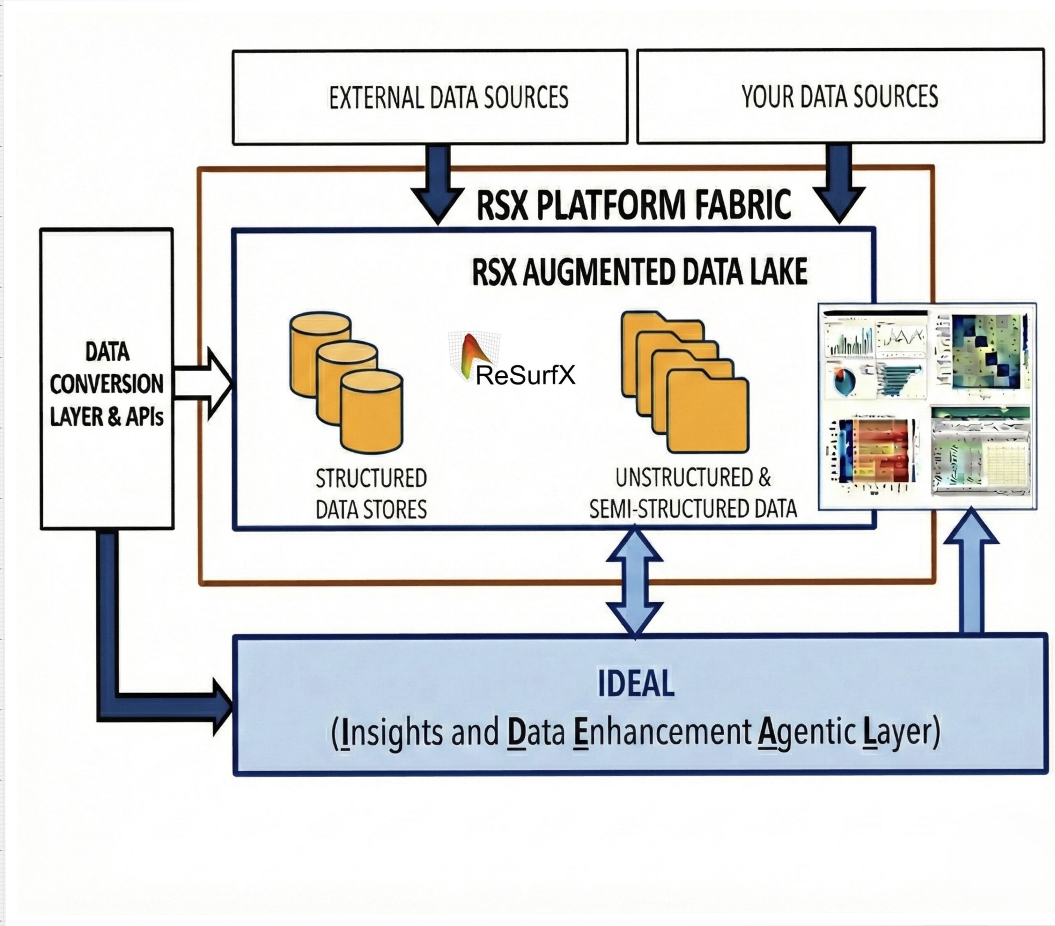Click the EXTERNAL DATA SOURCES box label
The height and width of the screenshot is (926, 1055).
(448, 98)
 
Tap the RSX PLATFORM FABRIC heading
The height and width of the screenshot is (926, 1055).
(633, 205)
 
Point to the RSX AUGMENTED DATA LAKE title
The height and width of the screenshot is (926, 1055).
(640, 272)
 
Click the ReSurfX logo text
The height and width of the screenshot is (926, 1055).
(525, 375)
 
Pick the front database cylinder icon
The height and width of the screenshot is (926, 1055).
(371, 413)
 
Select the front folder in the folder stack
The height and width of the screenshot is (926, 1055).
(708, 415)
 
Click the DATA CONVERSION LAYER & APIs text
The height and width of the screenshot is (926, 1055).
(107, 384)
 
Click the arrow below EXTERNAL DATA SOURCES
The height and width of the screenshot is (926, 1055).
(438, 186)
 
